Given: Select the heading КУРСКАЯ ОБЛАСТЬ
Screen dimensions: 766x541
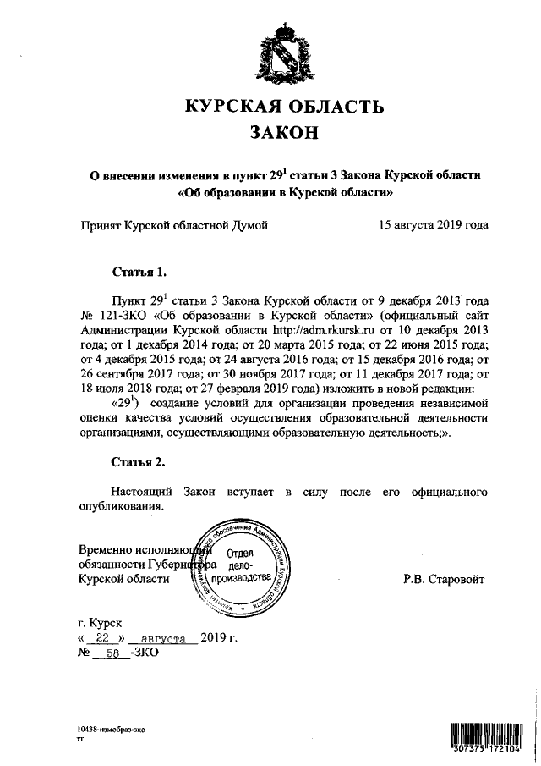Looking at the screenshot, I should (x=285, y=106).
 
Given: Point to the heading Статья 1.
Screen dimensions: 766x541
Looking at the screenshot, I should (x=139, y=273).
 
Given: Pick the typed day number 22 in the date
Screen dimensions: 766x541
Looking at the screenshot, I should (x=104, y=637).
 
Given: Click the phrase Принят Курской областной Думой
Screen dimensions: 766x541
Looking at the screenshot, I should (x=173, y=225).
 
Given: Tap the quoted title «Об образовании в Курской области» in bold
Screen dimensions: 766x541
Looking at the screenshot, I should (x=285, y=193).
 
